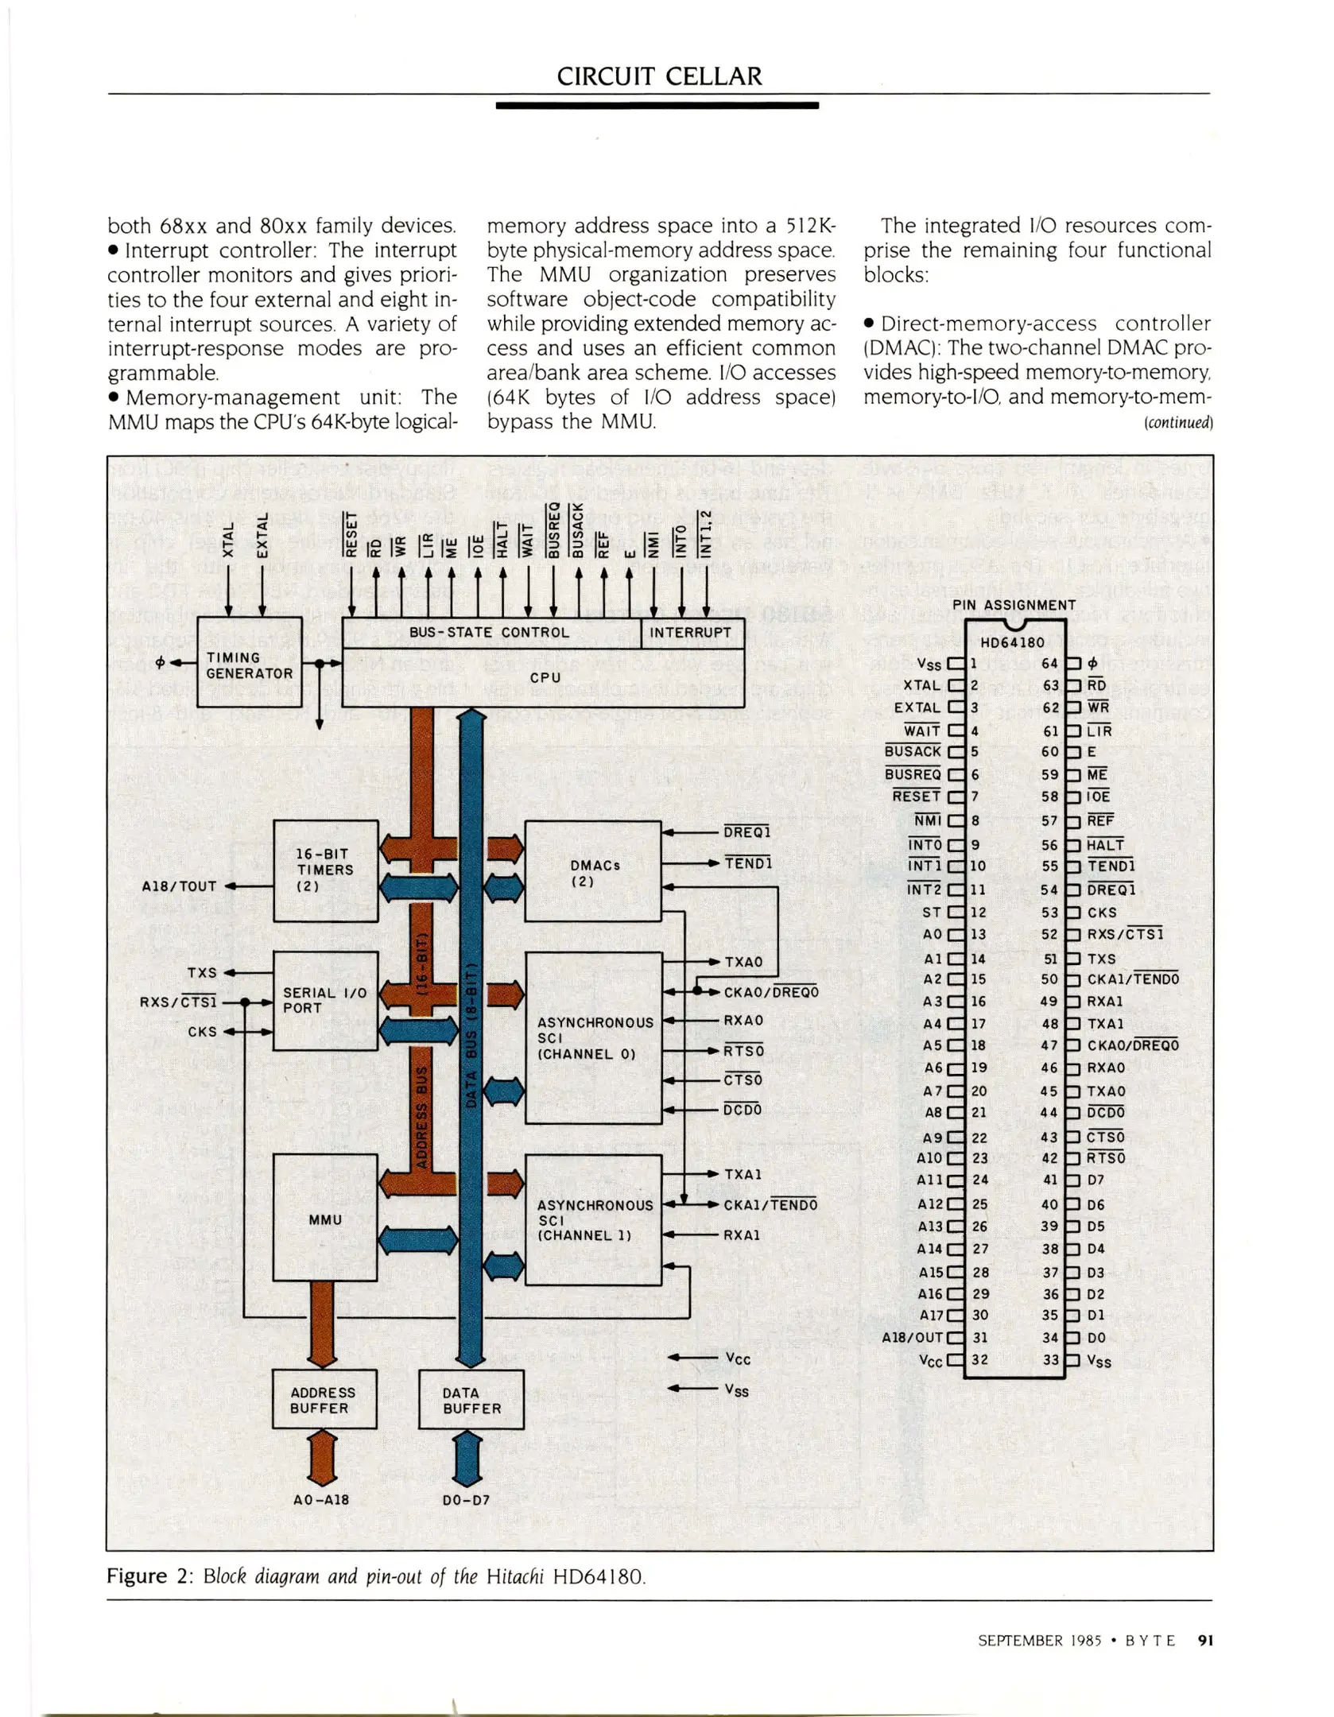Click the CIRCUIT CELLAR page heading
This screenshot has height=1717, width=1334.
[x=659, y=76]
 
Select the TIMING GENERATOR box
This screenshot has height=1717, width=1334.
[x=249, y=663]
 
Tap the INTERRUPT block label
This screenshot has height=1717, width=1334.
[x=690, y=633]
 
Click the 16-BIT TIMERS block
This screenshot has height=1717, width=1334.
[x=324, y=870]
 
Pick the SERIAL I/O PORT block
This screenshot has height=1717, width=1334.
[x=324, y=1001]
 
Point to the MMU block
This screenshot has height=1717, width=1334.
[x=324, y=1219]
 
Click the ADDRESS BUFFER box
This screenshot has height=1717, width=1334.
[x=323, y=1400]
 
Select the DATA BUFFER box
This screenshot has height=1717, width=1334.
[x=471, y=1400]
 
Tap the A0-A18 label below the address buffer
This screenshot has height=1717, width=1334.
[x=321, y=1500]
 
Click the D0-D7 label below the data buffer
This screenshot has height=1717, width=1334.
[x=466, y=1500]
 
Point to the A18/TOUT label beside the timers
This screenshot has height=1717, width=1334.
[x=179, y=886]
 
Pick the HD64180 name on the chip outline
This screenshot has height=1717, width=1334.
[x=1012, y=642]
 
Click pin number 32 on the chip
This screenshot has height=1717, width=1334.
[x=980, y=1359]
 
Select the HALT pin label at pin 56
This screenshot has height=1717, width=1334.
[x=1105, y=845]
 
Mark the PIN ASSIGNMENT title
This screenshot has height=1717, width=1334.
[x=1014, y=605]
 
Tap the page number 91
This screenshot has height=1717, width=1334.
[x=1205, y=1641]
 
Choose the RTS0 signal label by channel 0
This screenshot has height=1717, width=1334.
[x=743, y=1051]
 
